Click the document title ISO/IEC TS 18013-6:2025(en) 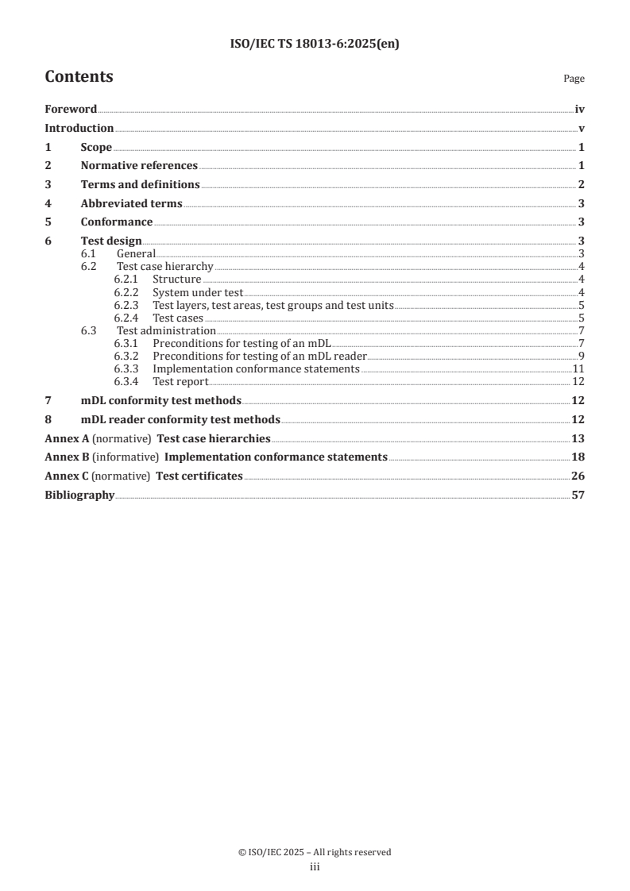point(315,44)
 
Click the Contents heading point(79,77)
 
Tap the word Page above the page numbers point(574,79)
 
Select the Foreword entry point(71,110)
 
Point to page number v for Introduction point(582,129)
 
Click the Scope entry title point(96,148)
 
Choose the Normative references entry point(139,166)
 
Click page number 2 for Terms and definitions point(582,185)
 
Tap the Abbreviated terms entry point(131,203)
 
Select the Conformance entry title point(117,222)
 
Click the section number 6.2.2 point(126,292)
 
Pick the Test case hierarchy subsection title point(165,267)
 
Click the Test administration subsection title point(166,330)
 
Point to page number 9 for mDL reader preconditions point(582,356)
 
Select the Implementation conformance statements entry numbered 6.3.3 point(256,369)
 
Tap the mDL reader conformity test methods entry point(180,419)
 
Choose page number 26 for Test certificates point(578,476)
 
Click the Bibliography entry point(79,496)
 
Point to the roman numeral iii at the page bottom point(315,868)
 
